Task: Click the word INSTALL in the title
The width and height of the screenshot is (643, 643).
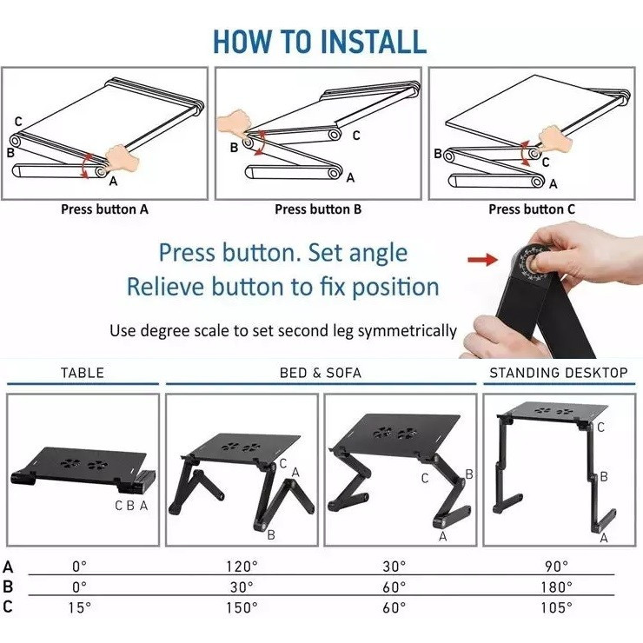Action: (x=373, y=42)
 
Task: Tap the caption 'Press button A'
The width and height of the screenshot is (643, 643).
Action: (x=104, y=209)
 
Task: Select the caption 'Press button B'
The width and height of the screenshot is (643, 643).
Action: (x=318, y=209)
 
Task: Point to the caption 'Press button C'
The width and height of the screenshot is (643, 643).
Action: (x=532, y=209)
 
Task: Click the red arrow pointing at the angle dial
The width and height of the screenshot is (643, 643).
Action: (x=482, y=259)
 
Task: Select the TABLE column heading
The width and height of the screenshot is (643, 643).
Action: (x=83, y=373)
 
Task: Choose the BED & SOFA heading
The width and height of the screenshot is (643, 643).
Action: (x=321, y=373)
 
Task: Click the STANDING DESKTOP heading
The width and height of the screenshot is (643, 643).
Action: (x=559, y=373)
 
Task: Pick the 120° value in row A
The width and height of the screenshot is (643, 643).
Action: (x=242, y=567)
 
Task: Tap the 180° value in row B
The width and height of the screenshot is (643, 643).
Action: (x=556, y=587)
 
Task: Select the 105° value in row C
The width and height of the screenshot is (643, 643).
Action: (x=556, y=607)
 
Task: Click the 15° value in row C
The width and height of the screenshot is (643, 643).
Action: (x=80, y=607)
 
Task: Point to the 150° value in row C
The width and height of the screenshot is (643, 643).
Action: (x=242, y=607)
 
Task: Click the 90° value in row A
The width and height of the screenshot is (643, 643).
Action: (x=556, y=567)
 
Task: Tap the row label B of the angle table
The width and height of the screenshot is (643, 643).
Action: (x=8, y=587)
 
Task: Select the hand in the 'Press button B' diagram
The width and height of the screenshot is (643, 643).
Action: (x=234, y=122)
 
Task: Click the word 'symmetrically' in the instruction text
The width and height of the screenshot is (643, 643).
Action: (x=408, y=331)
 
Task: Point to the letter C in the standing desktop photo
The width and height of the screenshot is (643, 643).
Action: (x=600, y=428)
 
